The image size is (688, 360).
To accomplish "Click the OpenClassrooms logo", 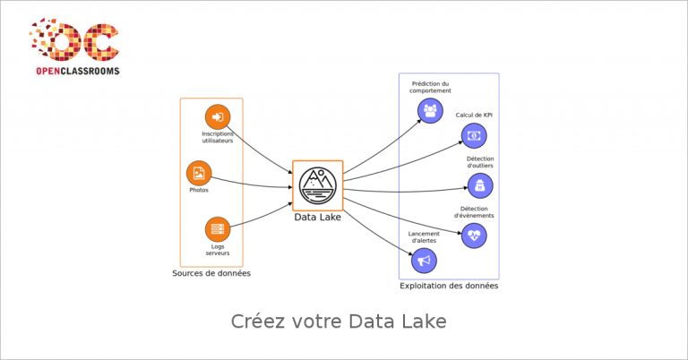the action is coord(74,46).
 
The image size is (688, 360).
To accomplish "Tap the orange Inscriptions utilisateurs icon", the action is coord(218,116).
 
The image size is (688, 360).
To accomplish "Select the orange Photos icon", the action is coord(199,173).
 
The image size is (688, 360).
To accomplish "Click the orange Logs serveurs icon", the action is coord(218,229).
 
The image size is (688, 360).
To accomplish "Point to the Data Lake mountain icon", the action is coord(318,185).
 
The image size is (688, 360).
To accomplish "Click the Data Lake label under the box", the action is coord(317,217).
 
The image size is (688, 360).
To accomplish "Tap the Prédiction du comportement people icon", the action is coord(430,110).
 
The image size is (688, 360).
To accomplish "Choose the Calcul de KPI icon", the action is coord(474,135).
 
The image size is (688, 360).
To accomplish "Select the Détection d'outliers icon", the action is coord(480,186).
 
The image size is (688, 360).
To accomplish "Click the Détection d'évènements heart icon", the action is coord(474,236).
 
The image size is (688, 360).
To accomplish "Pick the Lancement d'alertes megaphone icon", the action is coord(424,261).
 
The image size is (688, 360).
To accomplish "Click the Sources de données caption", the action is coord(211,273).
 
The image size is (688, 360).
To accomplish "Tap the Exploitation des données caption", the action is coord(449,286).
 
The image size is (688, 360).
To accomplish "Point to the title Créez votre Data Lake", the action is coord(339,321).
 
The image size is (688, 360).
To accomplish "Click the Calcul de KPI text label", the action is coord(474,115).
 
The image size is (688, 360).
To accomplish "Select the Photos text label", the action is coord(199,190).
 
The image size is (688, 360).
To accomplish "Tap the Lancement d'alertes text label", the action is coord(424,237).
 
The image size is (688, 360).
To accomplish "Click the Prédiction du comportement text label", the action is coord(430,87).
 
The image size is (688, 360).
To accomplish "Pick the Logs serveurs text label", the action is coord(218,250).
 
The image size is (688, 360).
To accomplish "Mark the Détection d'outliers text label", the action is coord(480,162).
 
